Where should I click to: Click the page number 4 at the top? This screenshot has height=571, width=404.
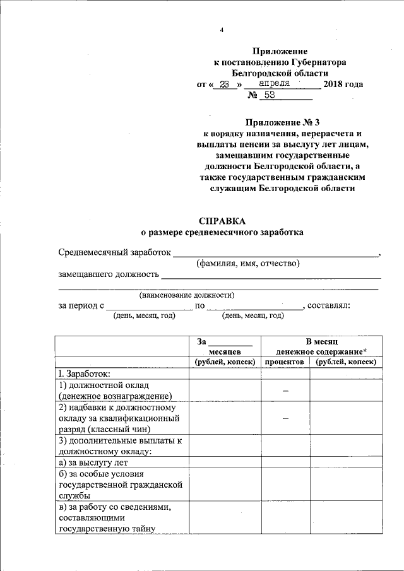(x=222, y=30)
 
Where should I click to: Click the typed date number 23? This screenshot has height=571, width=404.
(x=223, y=84)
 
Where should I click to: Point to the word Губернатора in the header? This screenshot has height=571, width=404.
(x=319, y=62)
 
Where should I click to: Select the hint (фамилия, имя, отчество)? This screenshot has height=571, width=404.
(x=247, y=263)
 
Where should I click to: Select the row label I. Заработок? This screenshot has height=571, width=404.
(x=84, y=374)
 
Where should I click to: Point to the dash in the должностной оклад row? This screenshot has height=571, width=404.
(x=285, y=391)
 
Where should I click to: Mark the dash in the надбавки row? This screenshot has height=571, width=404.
(x=285, y=418)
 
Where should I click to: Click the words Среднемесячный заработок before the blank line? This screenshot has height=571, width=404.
(x=114, y=252)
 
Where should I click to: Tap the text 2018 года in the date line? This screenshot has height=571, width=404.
(x=343, y=84)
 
